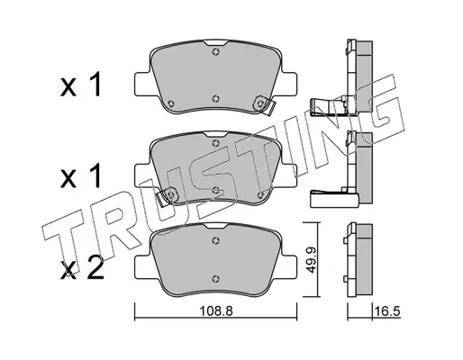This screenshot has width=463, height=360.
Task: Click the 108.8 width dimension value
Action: (x=216, y=311)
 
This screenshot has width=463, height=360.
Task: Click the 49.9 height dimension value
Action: (x=312, y=259)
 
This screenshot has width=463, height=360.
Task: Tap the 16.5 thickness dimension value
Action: (x=387, y=311)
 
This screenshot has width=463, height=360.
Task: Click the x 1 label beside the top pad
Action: (x=80, y=85)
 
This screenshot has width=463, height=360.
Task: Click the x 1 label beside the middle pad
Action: (x=80, y=177)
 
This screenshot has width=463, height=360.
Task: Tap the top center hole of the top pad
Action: (x=215, y=52)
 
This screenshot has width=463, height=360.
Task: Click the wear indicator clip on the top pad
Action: (x=264, y=104)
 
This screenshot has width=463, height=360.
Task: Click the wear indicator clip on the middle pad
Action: (x=168, y=197)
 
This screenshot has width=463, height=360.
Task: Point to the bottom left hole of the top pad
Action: (x=170, y=103)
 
